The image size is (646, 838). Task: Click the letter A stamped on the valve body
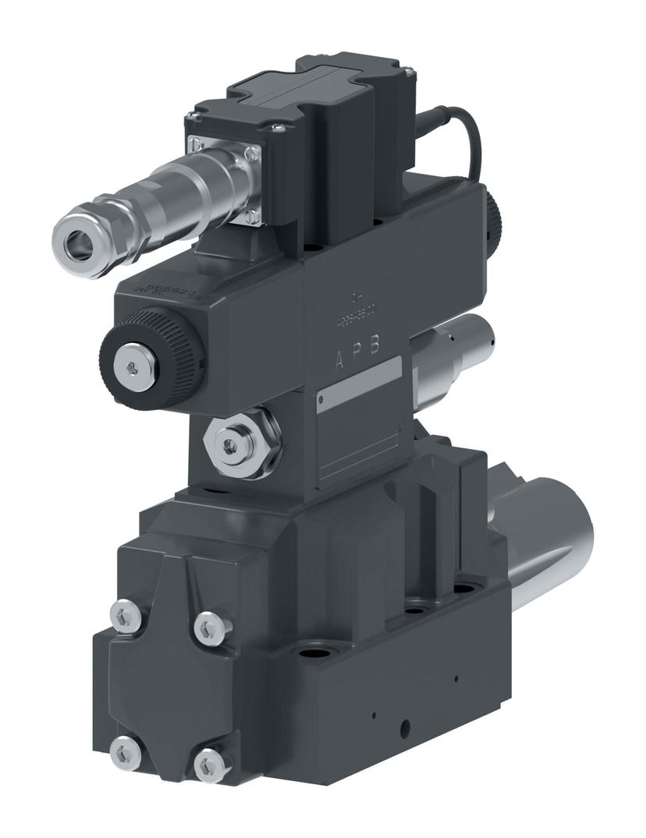click(339, 359)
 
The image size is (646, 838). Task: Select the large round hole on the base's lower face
click(404, 728)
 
